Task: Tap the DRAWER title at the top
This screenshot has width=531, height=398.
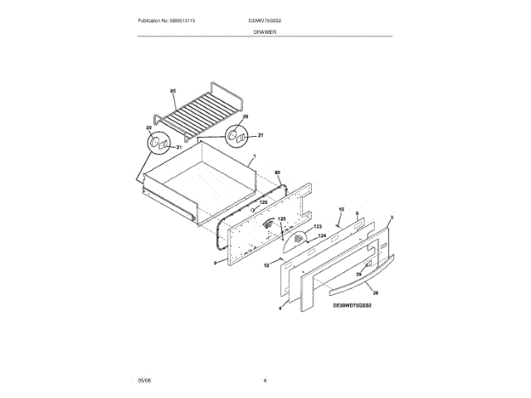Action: (x=265, y=32)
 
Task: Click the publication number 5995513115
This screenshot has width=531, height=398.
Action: (x=172, y=20)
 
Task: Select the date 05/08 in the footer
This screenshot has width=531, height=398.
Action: (x=144, y=381)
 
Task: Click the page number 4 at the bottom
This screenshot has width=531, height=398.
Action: (x=265, y=381)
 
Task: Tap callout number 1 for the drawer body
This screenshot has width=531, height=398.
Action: (x=254, y=157)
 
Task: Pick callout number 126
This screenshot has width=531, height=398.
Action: (x=262, y=201)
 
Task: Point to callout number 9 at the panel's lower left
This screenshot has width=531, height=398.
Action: (x=214, y=263)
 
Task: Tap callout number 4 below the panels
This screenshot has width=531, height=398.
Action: (x=280, y=308)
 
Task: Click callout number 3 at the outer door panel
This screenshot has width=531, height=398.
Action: (x=391, y=217)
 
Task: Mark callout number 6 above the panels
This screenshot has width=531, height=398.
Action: (x=356, y=214)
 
